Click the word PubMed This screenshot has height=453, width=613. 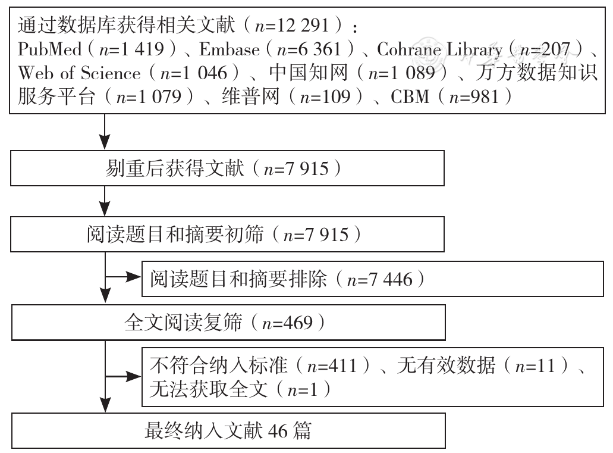coord(50,49)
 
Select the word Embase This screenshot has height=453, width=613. coord(229,49)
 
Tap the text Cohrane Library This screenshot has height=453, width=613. coord(439,50)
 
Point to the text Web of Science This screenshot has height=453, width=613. coord(79,73)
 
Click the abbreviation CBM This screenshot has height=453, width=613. coord(410,96)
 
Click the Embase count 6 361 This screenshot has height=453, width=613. coord(319,49)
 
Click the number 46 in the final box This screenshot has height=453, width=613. coord(278,431)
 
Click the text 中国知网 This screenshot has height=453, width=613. coord(308,73)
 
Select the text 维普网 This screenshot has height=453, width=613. coord(250,96)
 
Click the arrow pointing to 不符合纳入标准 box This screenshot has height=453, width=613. coord(122,377)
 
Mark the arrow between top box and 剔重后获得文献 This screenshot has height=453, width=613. coord(105,132)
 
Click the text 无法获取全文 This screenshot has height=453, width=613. coord(208,390)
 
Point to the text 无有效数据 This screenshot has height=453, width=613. coord(446,366)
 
